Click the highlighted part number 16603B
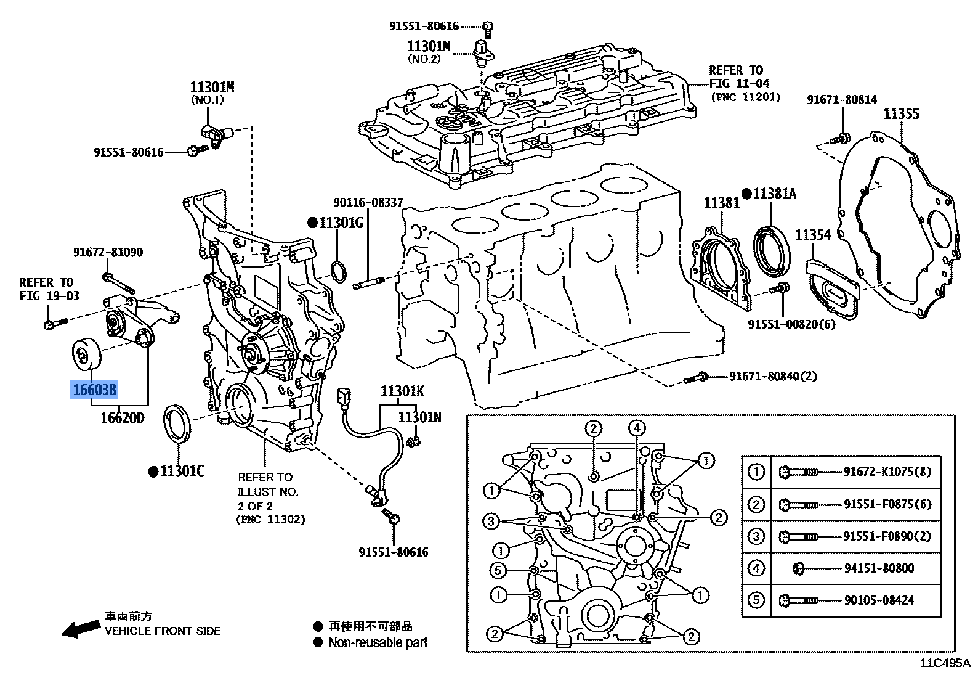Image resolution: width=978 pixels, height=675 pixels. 94,390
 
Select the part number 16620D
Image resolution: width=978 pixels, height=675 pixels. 123,418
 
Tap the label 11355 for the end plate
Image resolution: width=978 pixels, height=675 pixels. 901,113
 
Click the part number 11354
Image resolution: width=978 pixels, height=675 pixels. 812,235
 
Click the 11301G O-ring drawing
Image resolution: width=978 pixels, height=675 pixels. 339,271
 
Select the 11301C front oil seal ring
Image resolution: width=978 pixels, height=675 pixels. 179,423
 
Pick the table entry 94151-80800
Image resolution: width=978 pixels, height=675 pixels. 879,568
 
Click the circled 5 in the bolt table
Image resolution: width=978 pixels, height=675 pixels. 756,600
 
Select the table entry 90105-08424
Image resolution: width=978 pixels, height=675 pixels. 879,600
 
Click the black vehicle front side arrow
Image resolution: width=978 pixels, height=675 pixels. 82,629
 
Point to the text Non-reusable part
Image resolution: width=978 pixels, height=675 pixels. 378,643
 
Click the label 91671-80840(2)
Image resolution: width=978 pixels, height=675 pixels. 773,375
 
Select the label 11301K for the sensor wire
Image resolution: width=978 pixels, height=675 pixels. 402,391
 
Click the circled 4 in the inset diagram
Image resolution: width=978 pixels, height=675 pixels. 637,428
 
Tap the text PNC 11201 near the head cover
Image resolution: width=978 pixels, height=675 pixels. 745,97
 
